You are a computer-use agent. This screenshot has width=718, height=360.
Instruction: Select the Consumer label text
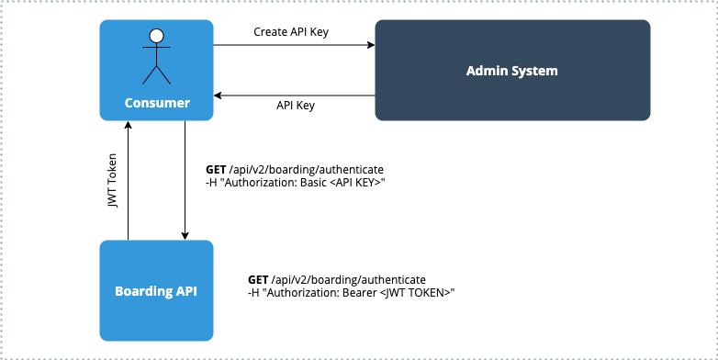coord(157,103)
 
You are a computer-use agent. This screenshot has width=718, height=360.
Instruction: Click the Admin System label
coord(512,71)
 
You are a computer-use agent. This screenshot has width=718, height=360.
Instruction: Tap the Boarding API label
coord(156,292)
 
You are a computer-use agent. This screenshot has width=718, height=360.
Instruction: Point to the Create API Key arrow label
coord(291,32)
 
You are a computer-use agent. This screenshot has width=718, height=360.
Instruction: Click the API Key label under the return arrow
coord(296,106)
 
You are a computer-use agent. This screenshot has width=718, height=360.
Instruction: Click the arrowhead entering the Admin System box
coord(370,45)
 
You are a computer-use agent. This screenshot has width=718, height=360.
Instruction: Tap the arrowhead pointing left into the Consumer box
coord(219,94)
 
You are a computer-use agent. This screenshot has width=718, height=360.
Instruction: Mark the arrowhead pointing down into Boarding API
coord(185,235)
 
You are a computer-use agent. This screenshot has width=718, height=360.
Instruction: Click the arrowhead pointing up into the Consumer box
coord(128,126)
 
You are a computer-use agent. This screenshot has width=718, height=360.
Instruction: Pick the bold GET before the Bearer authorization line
coord(258,279)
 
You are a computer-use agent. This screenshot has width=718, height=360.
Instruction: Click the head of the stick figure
coord(157,37)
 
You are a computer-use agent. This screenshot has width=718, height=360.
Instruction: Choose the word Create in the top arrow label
coord(271,32)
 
